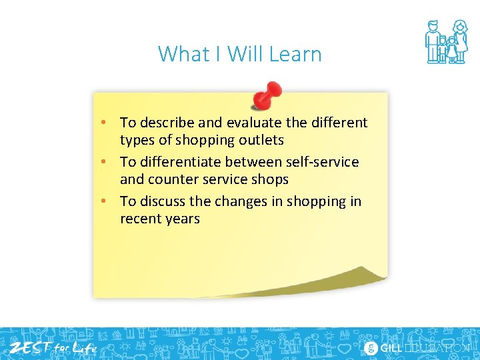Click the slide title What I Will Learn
[x=239, y=54]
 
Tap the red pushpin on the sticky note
[x=267, y=95]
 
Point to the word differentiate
[x=181, y=162]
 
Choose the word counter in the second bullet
[x=174, y=179]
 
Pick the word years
[x=182, y=219]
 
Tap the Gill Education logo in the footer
[x=417, y=348]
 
